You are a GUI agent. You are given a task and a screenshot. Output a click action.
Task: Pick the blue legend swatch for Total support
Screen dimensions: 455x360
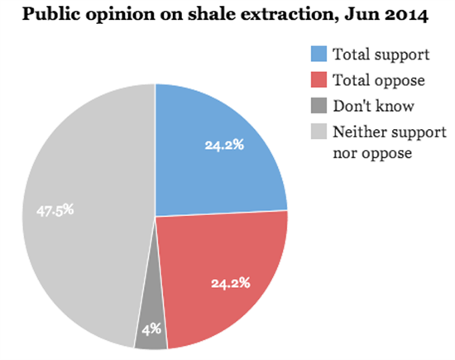tap(318, 54)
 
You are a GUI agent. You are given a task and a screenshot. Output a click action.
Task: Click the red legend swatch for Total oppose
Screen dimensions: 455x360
tap(318, 79)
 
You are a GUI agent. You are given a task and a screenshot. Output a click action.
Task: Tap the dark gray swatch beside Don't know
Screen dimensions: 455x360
tap(318, 105)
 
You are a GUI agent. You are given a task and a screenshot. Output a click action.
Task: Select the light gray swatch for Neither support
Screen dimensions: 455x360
tap(318, 132)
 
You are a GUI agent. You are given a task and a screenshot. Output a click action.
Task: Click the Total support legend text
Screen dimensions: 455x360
tap(381, 55)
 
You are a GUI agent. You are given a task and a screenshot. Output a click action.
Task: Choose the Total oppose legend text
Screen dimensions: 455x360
tap(379, 80)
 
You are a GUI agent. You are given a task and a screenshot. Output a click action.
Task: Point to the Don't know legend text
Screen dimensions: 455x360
tap(373, 106)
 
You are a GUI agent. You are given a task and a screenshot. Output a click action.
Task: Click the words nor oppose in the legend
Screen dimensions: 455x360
tap(372, 153)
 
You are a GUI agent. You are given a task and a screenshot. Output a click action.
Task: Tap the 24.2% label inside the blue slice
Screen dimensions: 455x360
tap(224, 145)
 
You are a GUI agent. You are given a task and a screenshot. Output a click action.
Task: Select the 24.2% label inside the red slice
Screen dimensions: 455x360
tap(231, 283)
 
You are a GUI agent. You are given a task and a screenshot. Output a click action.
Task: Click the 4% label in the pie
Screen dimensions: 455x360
tap(151, 329)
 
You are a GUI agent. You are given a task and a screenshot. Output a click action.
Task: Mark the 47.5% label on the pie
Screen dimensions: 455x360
tap(55, 210)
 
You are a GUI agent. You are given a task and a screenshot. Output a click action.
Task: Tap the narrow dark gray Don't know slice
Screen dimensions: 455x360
tap(151, 319)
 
